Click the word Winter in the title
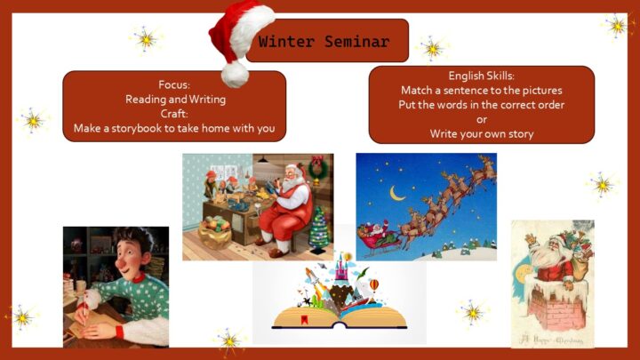(x=286, y=42)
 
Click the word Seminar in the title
(x=357, y=42)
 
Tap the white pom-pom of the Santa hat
(x=235, y=75)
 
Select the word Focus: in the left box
(x=174, y=85)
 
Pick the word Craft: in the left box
(x=174, y=114)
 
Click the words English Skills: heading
(x=481, y=76)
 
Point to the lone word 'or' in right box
(x=482, y=120)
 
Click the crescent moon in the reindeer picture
(x=396, y=194)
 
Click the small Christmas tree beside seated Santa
(x=319, y=229)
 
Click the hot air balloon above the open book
(x=373, y=285)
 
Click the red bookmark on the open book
(x=304, y=320)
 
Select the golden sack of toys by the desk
(x=214, y=234)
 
